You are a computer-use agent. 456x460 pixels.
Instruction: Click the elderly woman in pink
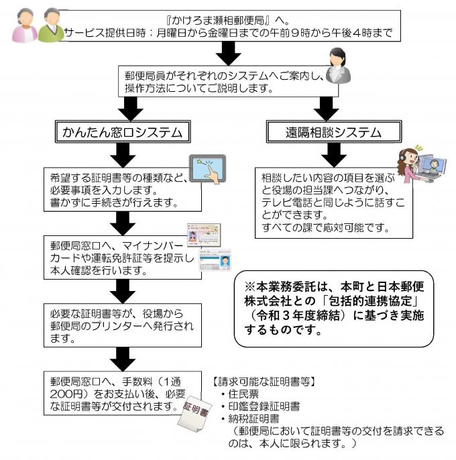coord(24,27)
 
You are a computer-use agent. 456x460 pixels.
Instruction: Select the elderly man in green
coord(51,25)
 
